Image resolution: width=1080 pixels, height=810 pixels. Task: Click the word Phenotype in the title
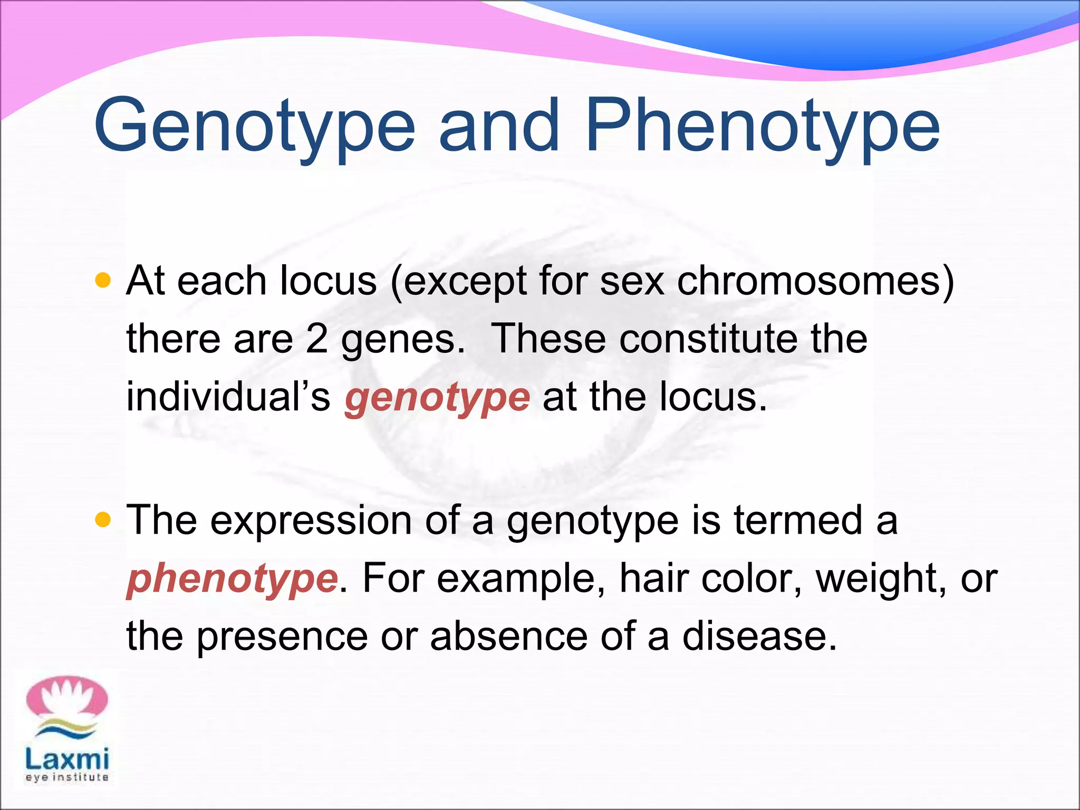click(762, 127)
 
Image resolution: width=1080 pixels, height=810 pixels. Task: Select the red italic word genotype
click(437, 398)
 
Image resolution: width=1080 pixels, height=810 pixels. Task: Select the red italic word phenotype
click(232, 579)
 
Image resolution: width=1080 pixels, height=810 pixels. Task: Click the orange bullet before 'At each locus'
click(103, 280)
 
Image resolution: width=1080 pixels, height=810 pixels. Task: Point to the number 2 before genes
click(316, 339)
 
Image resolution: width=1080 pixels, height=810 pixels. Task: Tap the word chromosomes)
click(815, 281)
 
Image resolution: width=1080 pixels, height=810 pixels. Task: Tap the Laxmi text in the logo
click(67, 759)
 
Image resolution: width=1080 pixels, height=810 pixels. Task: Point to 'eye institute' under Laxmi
click(67, 777)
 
